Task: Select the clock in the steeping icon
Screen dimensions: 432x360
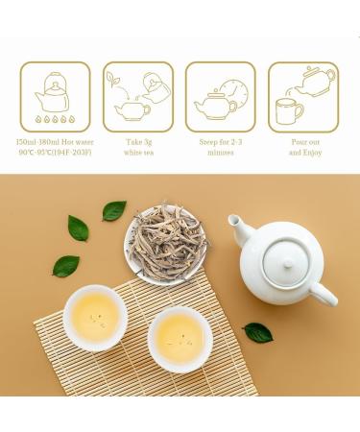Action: click(232, 94)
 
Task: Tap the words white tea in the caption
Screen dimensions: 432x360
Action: click(137, 153)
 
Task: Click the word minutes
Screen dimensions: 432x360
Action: click(220, 153)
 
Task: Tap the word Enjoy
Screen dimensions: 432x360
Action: click(312, 153)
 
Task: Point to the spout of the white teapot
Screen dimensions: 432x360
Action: click(239, 230)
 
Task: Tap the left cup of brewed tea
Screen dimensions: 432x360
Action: click(95, 316)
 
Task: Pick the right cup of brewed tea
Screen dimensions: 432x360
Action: click(180, 337)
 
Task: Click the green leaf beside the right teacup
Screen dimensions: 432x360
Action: click(257, 332)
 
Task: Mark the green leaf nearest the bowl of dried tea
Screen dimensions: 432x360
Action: click(114, 209)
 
